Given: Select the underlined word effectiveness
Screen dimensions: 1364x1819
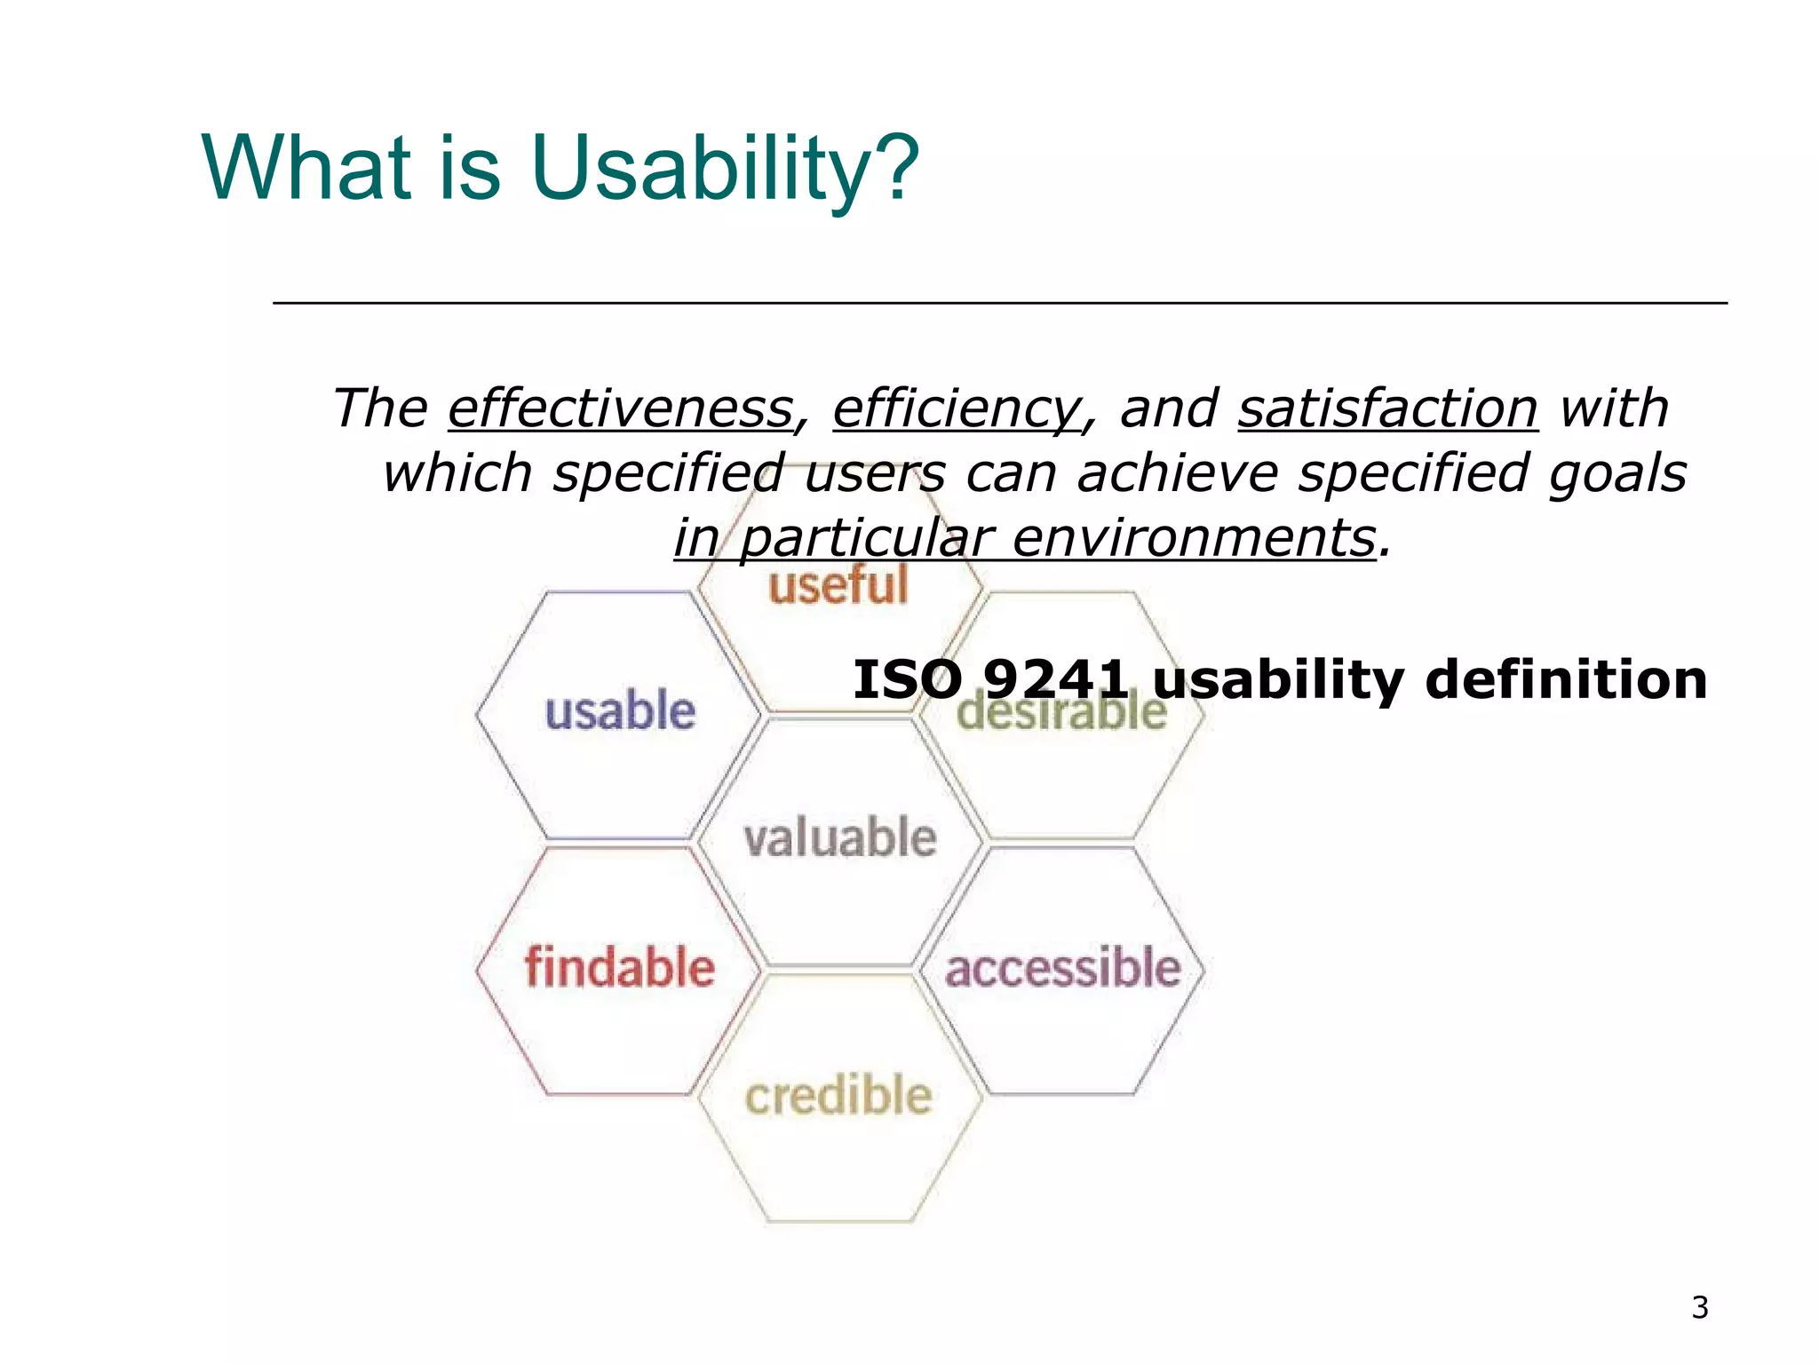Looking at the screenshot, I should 620,408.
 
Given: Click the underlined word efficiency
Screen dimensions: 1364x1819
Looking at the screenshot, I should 957,408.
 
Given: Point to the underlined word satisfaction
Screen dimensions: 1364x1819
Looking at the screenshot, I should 1387,408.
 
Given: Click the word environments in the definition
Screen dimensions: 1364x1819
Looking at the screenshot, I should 1193,538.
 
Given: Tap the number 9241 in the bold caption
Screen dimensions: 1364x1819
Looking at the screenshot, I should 1056,680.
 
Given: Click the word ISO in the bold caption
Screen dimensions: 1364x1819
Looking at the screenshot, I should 907,680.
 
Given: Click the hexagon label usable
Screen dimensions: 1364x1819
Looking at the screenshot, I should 620,712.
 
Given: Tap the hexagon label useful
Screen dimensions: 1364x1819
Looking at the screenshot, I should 838,587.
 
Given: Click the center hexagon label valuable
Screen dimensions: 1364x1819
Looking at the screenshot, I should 840,838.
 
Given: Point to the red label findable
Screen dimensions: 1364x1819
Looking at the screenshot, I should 620,967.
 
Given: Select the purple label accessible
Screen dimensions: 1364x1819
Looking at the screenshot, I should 1062,967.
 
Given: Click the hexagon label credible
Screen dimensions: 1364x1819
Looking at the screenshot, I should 838,1095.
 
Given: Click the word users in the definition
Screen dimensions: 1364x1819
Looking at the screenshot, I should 876,473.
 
